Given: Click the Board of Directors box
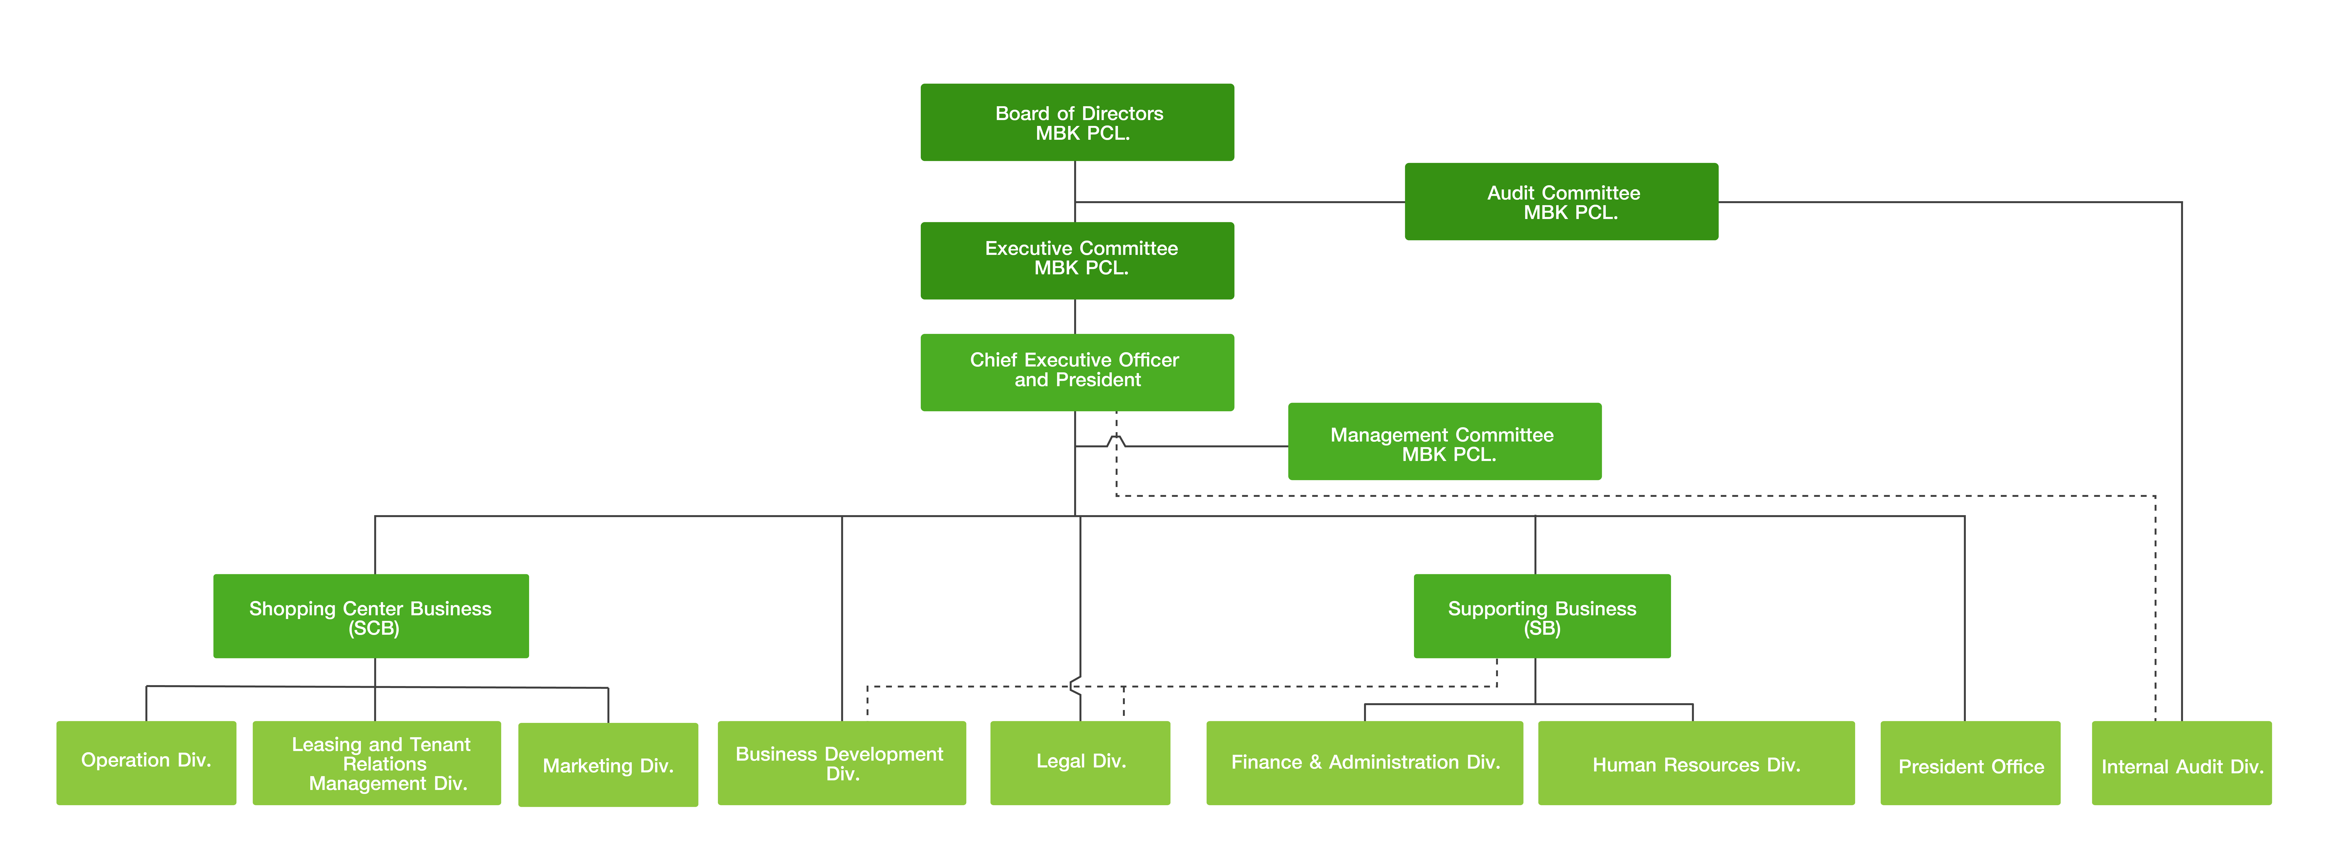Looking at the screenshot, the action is [x=1077, y=122].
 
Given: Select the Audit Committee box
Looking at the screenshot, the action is [x=1561, y=201].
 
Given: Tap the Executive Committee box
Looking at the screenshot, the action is [x=1077, y=260].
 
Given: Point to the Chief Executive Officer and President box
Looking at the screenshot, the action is [x=1077, y=372].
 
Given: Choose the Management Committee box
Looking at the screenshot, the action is [x=1444, y=441].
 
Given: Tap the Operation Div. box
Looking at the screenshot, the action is [x=146, y=763].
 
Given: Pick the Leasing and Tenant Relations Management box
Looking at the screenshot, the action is [x=377, y=763].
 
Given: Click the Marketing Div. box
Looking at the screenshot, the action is [x=608, y=764].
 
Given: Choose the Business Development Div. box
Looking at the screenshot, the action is [x=842, y=763].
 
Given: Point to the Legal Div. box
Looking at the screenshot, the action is [x=1080, y=763].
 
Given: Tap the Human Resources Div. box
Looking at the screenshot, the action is [x=1697, y=763].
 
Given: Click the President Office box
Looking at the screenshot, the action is [x=1970, y=763].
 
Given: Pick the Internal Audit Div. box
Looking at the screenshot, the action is [x=2182, y=763].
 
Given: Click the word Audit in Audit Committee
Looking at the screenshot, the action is [x=1511, y=193].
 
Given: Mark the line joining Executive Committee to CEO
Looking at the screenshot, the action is [x=1075, y=316].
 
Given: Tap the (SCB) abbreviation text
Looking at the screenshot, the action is [x=374, y=628].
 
